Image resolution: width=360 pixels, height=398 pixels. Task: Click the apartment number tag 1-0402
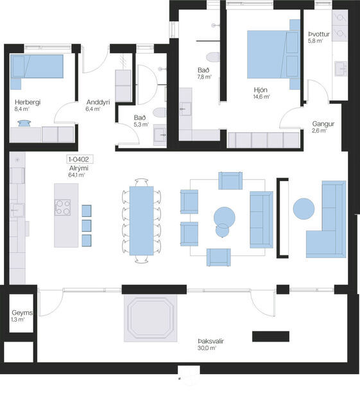pyautogui.click(x=77, y=159)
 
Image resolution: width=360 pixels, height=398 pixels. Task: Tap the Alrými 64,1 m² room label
pyautogui.click(x=78, y=171)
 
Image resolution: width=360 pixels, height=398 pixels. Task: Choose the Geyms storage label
pyautogui.click(x=22, y=315)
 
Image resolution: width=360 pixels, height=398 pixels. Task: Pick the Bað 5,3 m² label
pyautogui.click(x=141, y=121)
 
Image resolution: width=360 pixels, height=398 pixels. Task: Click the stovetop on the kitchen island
pyautogui.click(x=64, y=207)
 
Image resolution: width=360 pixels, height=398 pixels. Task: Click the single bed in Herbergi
pyautogui.click(x=38, y=66)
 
